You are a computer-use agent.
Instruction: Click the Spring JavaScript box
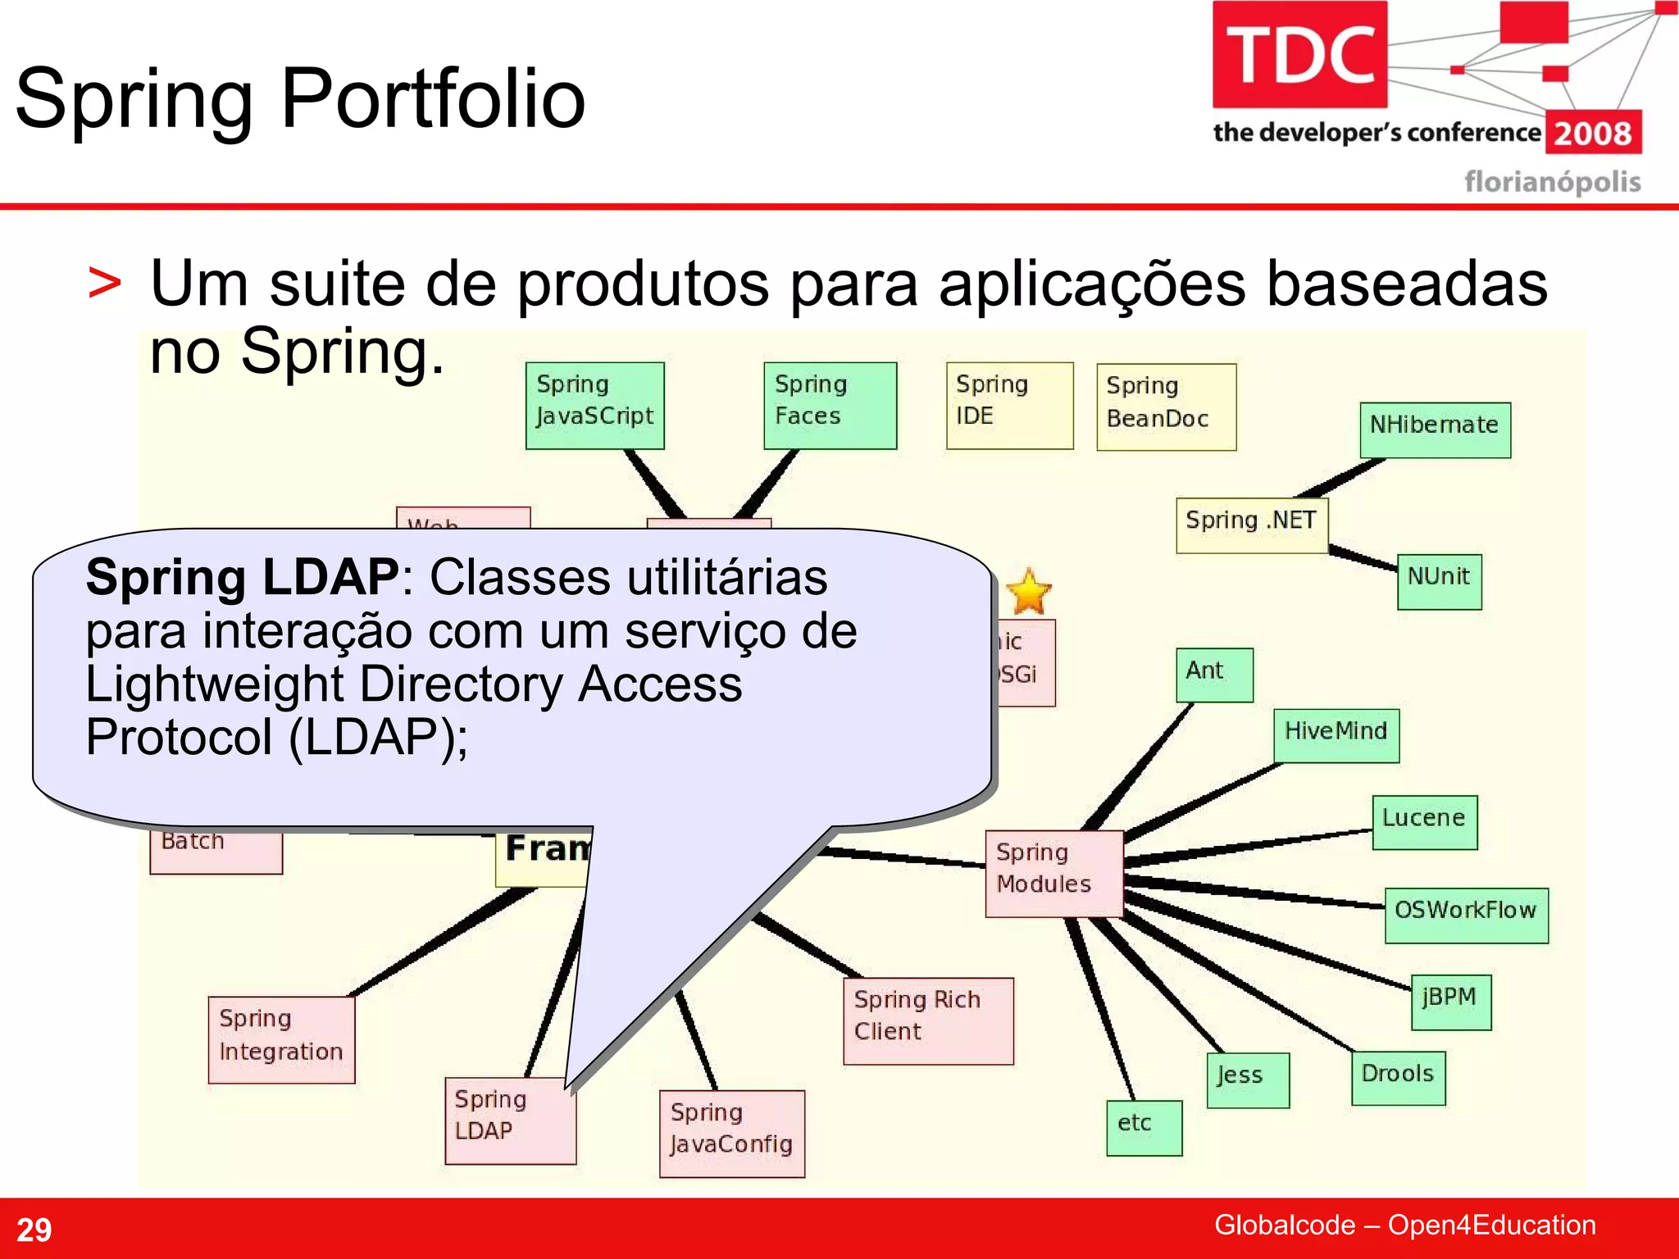tap(594, 405)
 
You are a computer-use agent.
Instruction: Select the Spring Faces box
tap(830, 405)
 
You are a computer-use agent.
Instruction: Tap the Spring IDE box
tap(1009, 405)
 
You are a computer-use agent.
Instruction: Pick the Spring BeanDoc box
tap(1166, 407)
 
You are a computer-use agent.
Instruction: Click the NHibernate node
tap(1435, 430)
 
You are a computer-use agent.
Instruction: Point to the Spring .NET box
tap(1251, 525)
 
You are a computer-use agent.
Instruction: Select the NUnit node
tap(1439, 580)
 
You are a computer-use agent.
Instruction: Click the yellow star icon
tap(1028, 592)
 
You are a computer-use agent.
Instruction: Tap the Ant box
tap(1214, 675)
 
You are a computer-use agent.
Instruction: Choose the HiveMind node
tap(1335, 734)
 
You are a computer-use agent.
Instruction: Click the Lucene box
tap(1424, 821)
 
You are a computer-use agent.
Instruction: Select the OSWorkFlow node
tap(1466, 915)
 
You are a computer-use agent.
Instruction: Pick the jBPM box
tap(1450, 1002)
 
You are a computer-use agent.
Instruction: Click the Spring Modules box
tap(1053, 873)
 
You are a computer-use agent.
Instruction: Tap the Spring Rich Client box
tap(928, 1020)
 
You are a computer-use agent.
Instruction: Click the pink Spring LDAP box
tap(509, 1120)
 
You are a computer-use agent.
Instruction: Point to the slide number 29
tap(34, 1229)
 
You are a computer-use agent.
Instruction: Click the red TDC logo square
tap(1299, 54)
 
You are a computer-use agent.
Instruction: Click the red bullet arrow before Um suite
tap(105, 284)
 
